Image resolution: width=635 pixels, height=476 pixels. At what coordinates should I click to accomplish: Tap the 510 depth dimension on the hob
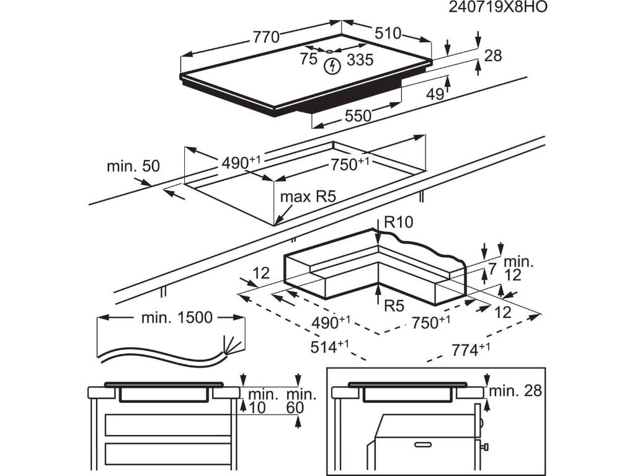tap(388, 33)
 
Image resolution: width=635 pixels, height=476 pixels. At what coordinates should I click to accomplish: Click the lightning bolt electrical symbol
tap(332, 64)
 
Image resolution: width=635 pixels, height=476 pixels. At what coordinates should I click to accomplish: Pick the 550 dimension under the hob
tap(358, 115)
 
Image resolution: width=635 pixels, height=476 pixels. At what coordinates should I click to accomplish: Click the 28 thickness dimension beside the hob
tap(492, 56)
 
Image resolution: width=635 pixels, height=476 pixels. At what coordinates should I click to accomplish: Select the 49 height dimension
tap(435, 94)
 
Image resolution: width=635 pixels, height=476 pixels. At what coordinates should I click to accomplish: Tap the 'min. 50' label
tap(133, 166)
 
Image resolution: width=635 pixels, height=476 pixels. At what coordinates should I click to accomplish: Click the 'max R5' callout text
tap(308, 197)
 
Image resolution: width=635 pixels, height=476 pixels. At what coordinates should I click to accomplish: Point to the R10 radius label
tap(398, 222)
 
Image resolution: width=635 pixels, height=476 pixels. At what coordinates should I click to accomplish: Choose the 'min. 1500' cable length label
tap(177, 318)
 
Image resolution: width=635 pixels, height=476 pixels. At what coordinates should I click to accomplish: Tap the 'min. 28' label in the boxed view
tap(515, 390)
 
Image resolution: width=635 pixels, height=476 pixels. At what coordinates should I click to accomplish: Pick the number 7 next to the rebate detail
tap(492, 270)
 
